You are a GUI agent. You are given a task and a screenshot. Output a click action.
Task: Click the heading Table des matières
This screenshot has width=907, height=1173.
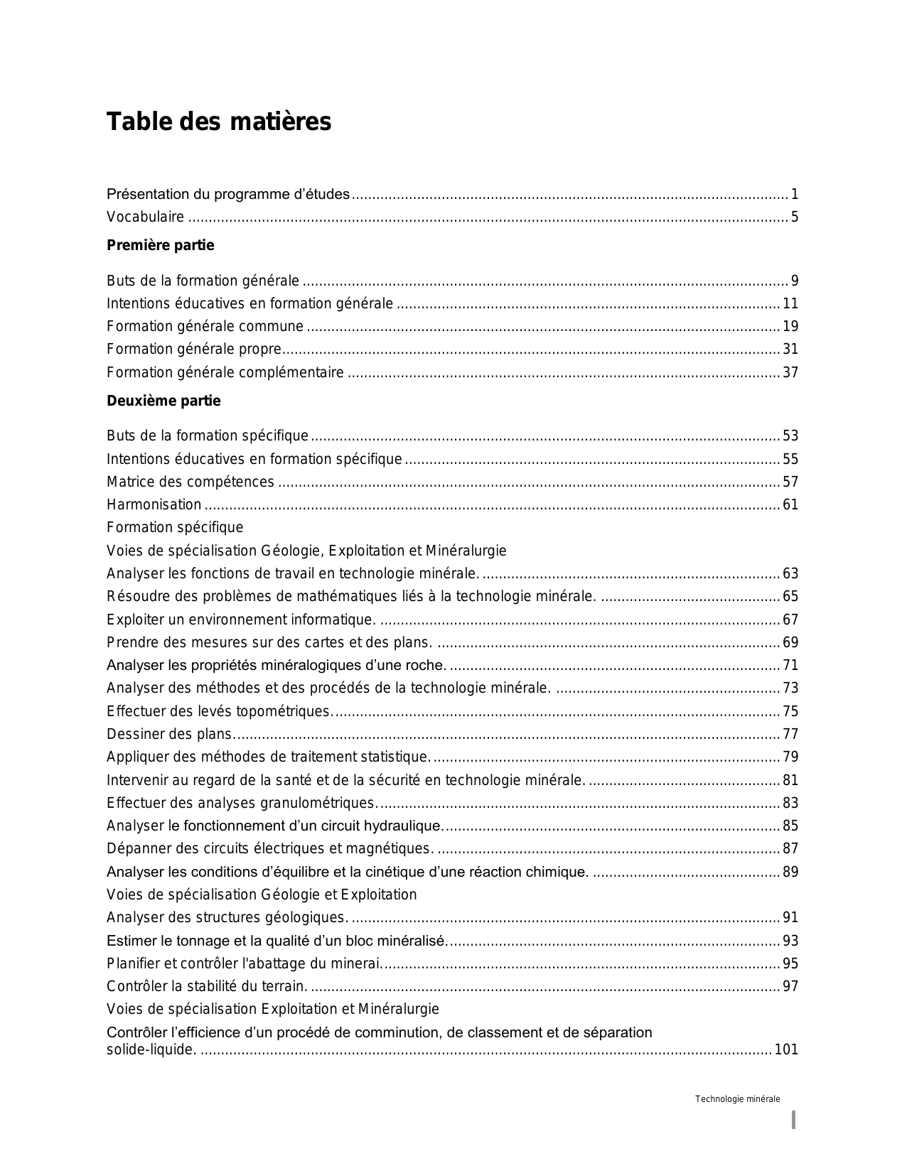coord(219,122)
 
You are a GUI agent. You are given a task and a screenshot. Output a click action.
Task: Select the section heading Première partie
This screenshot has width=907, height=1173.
coord(160,246)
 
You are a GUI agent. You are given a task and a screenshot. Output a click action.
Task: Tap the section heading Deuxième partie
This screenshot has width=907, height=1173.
coord(163,401)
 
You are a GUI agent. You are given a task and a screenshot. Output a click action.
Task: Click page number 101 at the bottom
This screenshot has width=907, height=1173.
coord(786,1049)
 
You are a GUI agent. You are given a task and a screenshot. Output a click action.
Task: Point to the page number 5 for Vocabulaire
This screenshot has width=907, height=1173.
coord(795,217)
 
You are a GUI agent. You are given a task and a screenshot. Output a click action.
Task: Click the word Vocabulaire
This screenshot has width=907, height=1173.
coord(145,217)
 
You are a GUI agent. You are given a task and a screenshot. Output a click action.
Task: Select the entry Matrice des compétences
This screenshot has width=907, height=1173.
coord(190,482)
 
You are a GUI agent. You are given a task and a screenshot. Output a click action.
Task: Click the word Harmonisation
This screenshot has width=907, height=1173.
coord(154,505)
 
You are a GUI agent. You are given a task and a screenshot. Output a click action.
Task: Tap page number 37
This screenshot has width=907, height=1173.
coord(790,373)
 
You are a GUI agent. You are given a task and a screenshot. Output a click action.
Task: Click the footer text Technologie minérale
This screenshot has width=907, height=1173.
coord(737,1100)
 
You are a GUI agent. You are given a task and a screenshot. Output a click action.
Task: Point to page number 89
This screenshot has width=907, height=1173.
coord(790,872)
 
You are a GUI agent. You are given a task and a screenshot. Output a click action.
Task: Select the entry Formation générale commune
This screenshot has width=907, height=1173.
coord(205,327)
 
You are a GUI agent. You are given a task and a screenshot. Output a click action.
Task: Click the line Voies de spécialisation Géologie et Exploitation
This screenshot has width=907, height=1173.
coord(262,895)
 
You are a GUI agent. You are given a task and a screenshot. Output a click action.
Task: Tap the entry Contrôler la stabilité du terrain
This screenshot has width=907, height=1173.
coord(207,987)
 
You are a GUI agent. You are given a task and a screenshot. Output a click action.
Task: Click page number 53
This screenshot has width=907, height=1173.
coord(790,436)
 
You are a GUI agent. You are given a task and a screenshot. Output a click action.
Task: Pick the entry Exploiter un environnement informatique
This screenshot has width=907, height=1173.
coord(241,620)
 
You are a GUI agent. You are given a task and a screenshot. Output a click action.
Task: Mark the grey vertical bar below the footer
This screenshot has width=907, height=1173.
coord(793,1120)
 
